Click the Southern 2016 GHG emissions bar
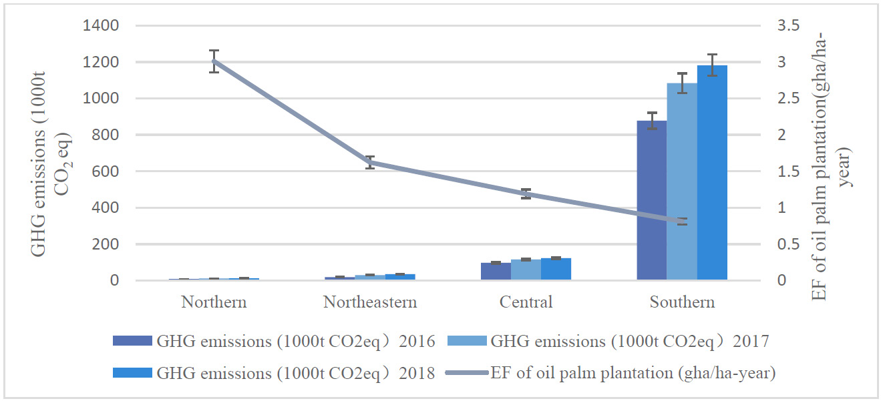651,200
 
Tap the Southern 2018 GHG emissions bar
712,173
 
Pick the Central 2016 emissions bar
496,272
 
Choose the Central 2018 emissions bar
556,269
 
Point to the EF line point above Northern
214,61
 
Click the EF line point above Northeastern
370,162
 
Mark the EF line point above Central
526,194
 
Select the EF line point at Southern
682,221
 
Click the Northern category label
214,302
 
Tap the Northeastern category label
370,302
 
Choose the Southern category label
682,302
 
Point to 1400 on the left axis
101,26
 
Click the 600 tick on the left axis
106,171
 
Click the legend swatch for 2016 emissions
132,342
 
